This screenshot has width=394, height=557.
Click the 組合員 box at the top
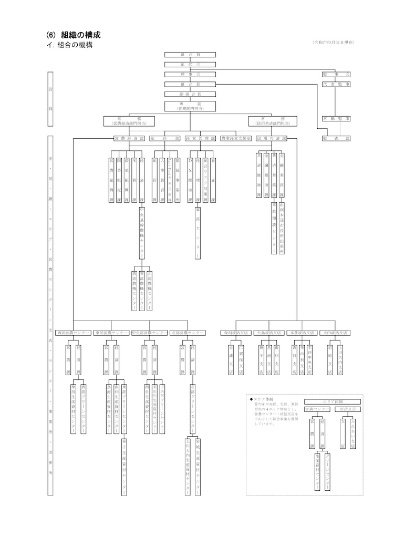click(x=190, y=54)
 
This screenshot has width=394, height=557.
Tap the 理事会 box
click(x=190, y=74)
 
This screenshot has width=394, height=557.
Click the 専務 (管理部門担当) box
click(x=190, y=106)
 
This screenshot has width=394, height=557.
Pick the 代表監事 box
click(x=337, y=84)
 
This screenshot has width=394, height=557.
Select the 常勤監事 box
click(x=337, y=119)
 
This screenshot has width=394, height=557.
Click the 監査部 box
click(x=337, y=139)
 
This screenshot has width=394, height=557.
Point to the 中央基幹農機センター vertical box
click(x=142, y=232)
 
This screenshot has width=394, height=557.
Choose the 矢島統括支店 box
click(x=268, y=333)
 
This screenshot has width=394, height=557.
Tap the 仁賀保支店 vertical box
click(x=241, y=359)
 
